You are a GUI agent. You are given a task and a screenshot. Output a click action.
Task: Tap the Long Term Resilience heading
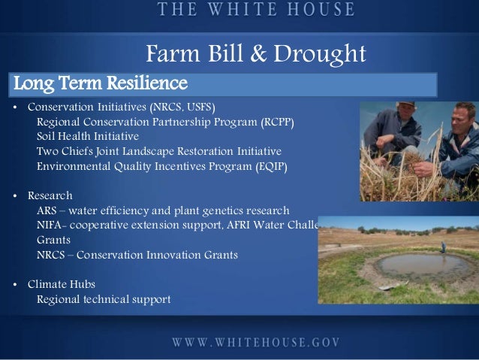tap(100, 81)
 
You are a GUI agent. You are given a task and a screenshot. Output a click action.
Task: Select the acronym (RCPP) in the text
tap(277, 123)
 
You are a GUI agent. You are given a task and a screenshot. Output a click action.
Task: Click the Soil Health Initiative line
tap(88, 137)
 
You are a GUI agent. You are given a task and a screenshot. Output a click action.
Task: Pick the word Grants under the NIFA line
tap(54, 240)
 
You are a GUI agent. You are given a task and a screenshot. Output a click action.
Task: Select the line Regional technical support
tap(104, 299)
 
